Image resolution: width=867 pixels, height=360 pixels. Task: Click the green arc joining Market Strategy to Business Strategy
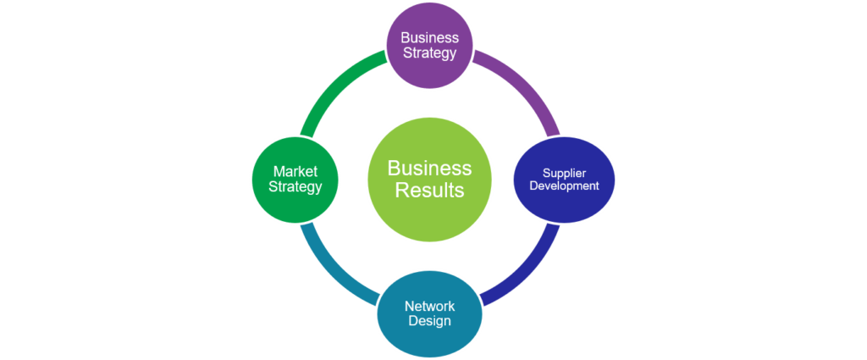point(332,88)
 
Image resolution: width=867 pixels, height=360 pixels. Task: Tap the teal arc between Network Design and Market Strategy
point(332,269)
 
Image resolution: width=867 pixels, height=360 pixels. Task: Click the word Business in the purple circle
point(429,37)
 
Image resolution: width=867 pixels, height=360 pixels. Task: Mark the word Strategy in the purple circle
point(429,53)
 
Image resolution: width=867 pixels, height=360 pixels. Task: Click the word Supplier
point(564,173)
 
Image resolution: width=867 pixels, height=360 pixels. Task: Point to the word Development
point(564,186)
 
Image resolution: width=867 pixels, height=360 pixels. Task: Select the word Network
point(429,306)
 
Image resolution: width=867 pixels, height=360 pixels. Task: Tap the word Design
point(429,321)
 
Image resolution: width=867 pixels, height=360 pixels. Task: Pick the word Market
point(295,172)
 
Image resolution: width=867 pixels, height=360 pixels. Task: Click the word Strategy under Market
point(295,187)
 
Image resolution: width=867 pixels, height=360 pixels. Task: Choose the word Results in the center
point(429,190)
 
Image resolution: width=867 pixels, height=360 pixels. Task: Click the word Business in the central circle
point(429,167)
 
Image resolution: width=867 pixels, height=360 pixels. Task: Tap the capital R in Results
point(401,190)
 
